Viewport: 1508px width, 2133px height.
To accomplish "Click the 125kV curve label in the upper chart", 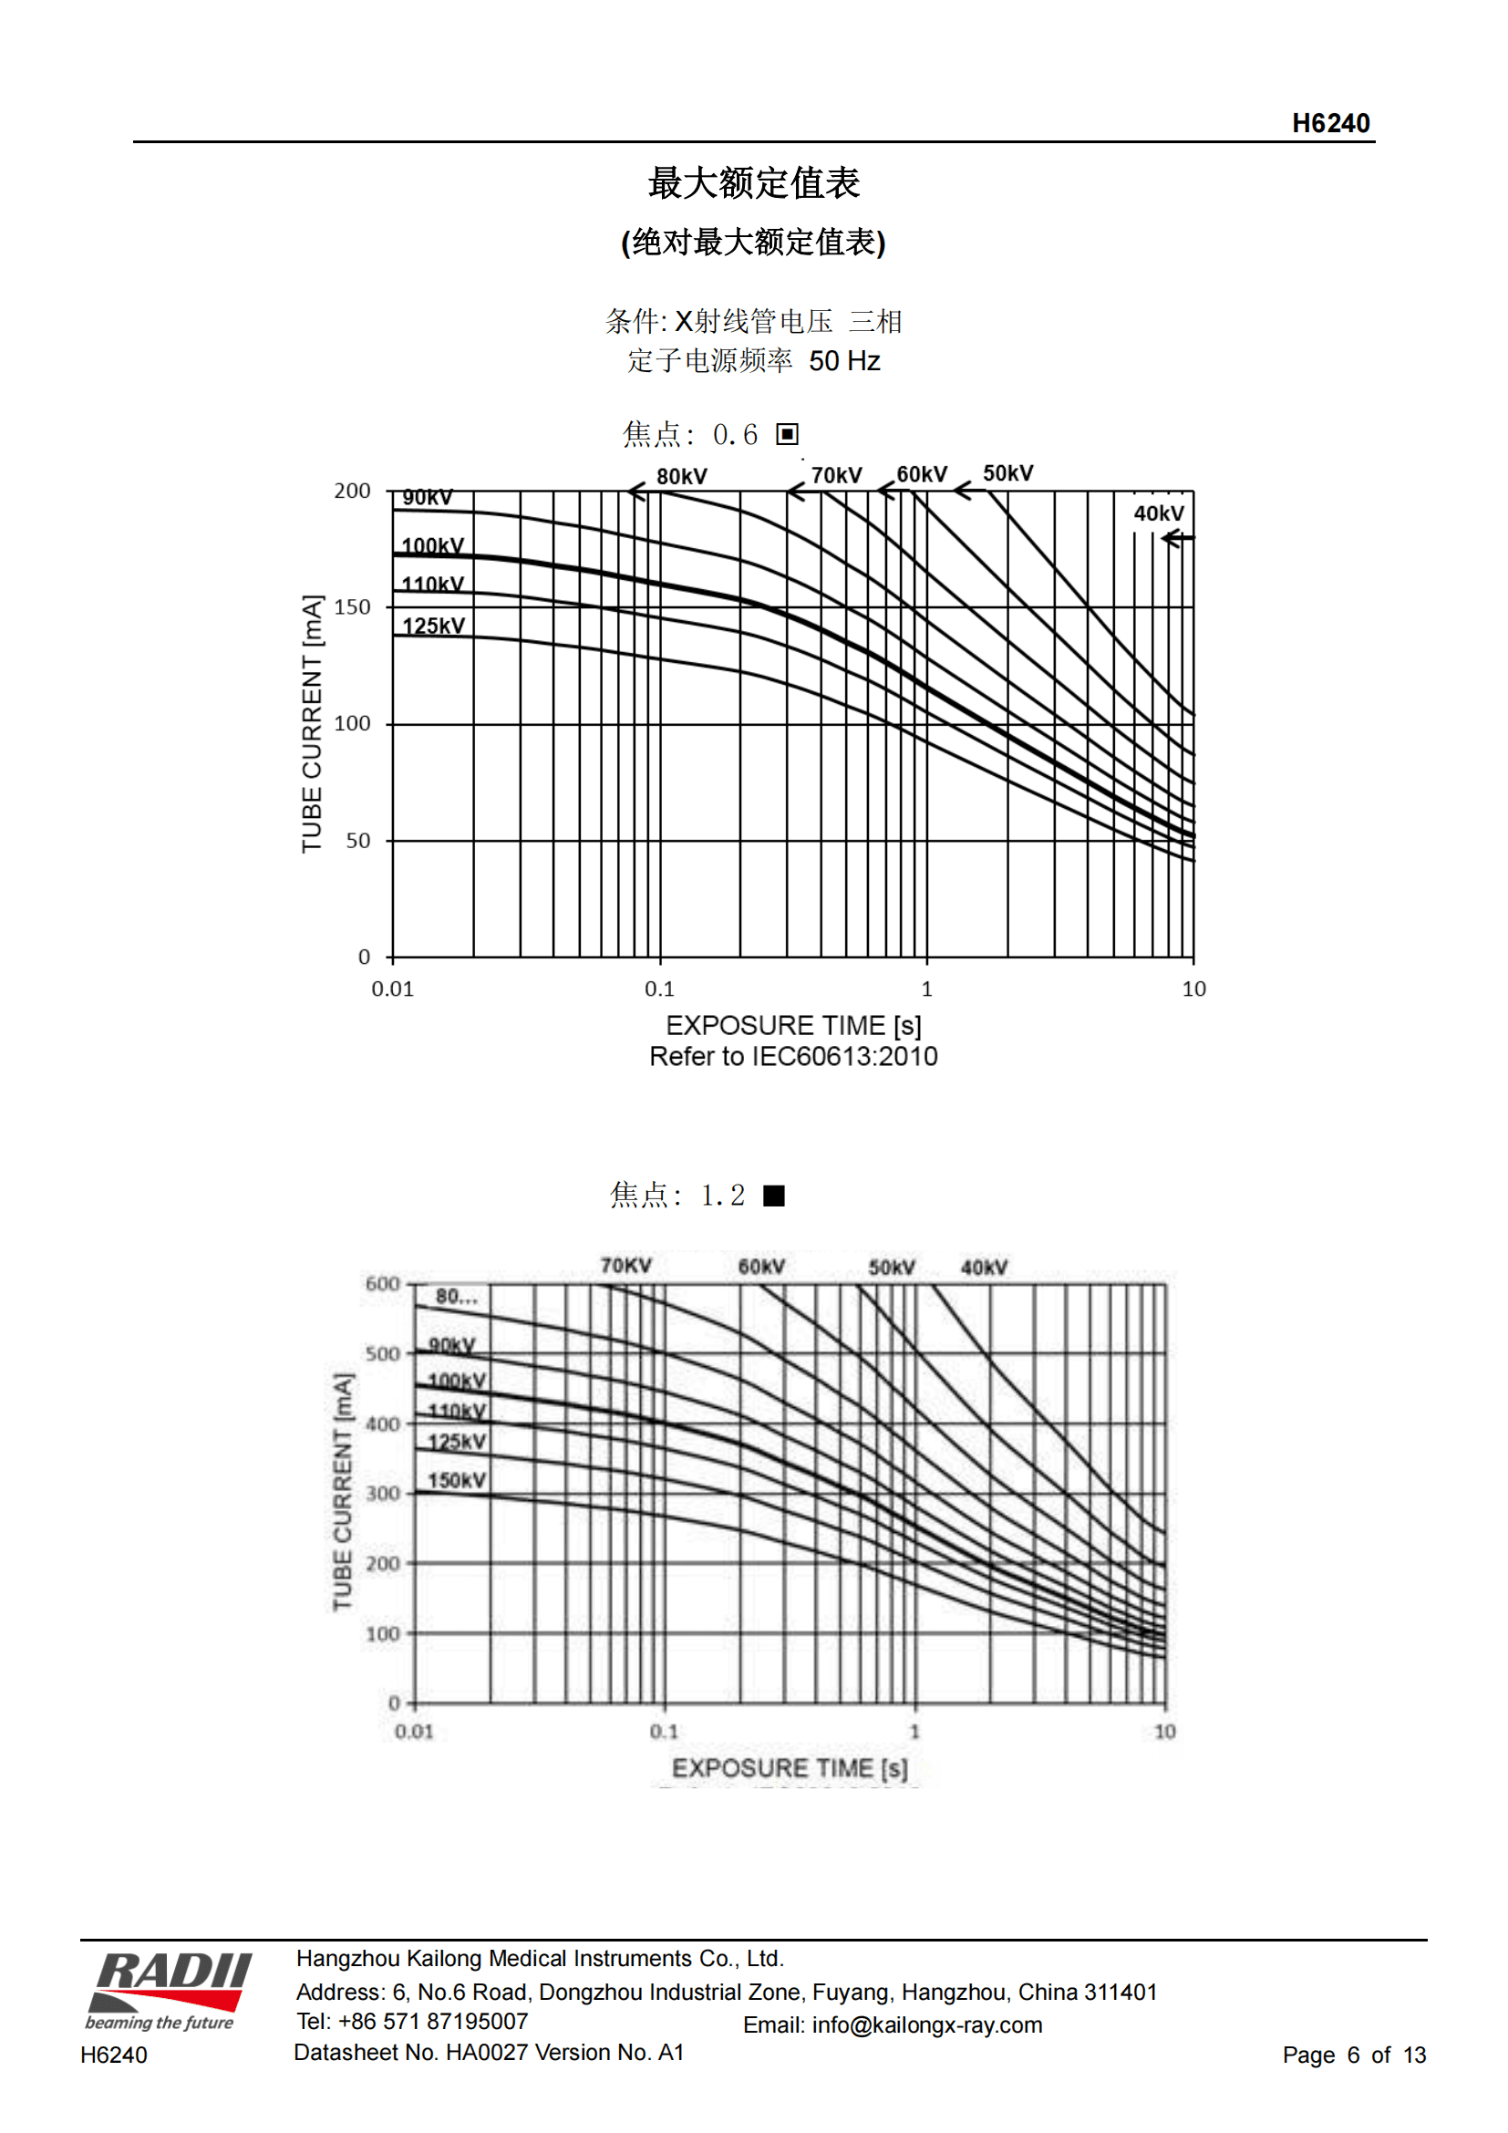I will coord(434,626).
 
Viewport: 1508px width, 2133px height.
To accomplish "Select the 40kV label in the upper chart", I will coord(1158,513).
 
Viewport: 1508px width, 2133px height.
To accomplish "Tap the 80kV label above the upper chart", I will coord(682,477).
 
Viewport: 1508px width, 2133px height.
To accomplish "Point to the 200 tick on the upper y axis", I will coord(352,491).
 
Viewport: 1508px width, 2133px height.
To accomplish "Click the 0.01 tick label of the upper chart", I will coord(393,989).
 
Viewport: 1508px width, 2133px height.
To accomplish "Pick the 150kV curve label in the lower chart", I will coord(456,1480).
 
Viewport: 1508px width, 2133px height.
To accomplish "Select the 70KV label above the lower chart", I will coord(625,1266).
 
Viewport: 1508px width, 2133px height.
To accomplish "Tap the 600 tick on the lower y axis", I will coord(382,1284).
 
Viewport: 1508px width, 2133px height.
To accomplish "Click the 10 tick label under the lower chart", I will coord(1164,1732).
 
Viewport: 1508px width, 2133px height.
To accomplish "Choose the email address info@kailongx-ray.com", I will coord(925,2025).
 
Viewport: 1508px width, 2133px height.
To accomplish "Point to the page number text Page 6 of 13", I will coord(1353,2055).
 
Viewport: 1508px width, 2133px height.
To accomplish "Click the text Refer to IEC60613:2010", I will coord(793,1056).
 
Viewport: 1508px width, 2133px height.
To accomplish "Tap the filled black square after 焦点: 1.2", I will coord(773,1196).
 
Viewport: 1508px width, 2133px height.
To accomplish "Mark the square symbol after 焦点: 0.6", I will coord(788,434).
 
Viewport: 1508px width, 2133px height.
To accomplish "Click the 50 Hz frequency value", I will coord(844,361).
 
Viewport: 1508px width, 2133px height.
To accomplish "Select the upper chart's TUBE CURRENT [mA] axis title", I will coord(312,724).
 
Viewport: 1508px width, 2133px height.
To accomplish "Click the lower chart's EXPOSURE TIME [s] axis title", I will coord(790,1768).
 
